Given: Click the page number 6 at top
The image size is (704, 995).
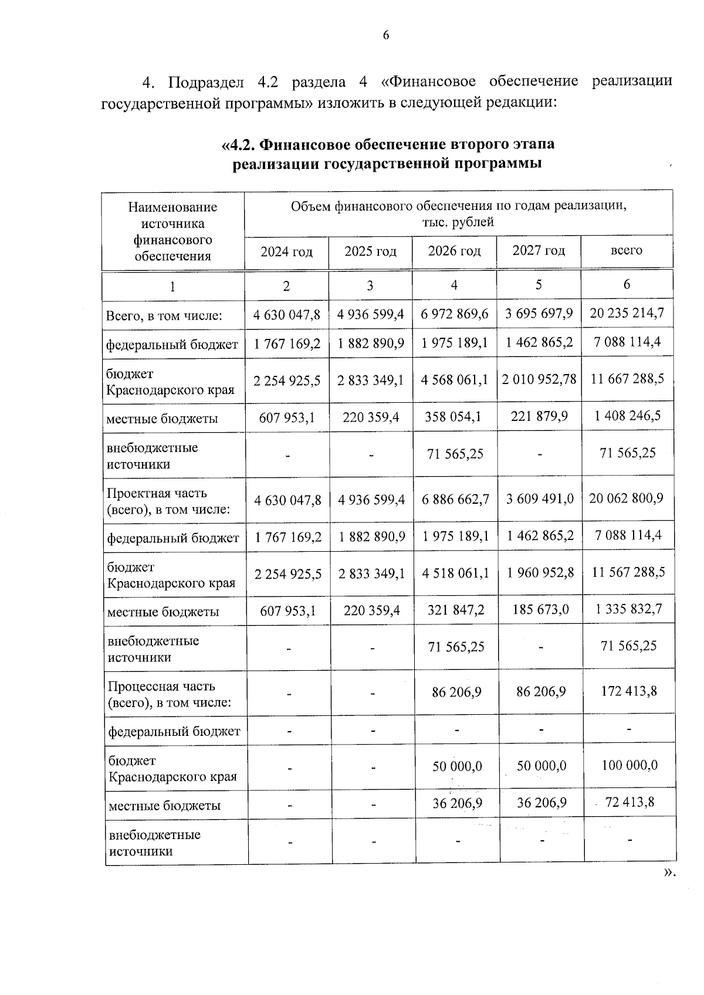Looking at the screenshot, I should tap(385, 36).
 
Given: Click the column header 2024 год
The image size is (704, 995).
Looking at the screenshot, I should tap(286, 252).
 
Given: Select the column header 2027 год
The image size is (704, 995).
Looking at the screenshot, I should tap(539, 250).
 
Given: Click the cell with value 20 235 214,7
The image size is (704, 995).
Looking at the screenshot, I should tap(627, 313).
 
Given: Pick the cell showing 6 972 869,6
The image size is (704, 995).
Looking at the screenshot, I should tap(455, 314).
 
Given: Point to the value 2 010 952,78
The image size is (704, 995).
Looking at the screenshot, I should tap(539, 379).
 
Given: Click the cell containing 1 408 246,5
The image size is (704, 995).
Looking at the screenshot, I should tap(627, 416).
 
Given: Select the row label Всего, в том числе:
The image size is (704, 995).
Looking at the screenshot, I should tap(164, 316).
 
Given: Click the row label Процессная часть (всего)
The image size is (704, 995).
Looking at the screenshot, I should tap(169, 694).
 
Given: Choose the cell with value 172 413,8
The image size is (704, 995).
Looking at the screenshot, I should tap(628, 691).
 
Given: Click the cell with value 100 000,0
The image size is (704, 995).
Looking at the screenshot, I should tap(629, 765).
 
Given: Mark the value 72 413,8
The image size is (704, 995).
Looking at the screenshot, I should tap(629, 802).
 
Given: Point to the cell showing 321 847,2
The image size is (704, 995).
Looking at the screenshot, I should tap(456, 610).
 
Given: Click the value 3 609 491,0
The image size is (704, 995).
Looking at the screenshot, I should tap(540, 499).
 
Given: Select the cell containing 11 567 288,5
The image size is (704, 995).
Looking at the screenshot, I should tap(628, 572).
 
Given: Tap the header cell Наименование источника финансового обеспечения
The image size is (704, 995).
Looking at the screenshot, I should tap(172, 231).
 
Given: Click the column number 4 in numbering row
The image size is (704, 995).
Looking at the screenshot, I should tap(454, 285).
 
